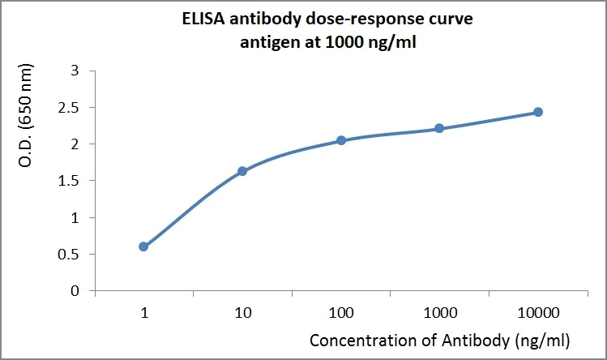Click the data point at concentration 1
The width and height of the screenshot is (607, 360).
click(x=143, y=246)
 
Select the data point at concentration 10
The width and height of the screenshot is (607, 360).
click(x=242, y=171)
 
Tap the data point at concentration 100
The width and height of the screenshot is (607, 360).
click(x=341, y=140)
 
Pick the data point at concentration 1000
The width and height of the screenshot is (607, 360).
click(x=439, y=128)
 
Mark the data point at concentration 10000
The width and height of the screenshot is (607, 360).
click(x=538, y=112)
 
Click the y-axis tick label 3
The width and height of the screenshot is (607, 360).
click(x=75, y=71)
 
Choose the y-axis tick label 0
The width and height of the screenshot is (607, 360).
click(x=75, y=290)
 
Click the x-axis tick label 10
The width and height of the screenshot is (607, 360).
click(x=242, y=312)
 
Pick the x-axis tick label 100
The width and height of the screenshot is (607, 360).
click(x=341, y=312)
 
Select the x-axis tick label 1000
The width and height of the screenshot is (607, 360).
click(x=439, y=312)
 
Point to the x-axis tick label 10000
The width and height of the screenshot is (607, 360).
click(x=538, y=312)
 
